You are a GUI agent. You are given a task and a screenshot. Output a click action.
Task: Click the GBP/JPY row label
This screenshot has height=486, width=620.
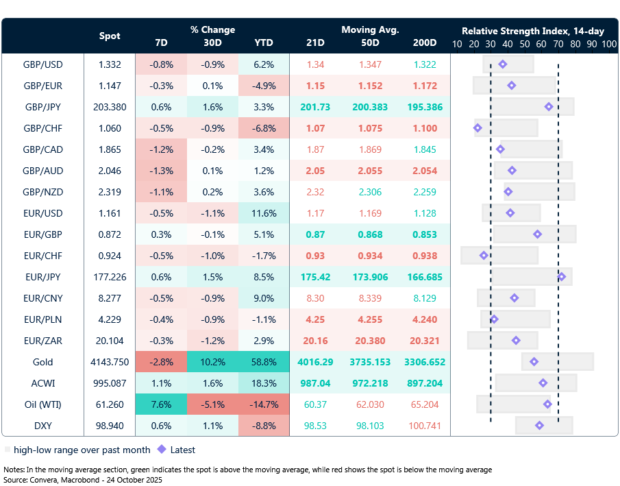[43, 107]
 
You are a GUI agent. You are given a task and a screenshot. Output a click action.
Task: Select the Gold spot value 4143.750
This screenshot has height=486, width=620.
[110, 362]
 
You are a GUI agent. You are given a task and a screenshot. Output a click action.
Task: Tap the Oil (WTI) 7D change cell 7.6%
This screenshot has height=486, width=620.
[161, 404]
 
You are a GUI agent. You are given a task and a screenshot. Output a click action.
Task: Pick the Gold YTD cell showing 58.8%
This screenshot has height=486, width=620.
[264, 362]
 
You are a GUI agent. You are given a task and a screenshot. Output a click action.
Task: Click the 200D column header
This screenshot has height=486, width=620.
[425, 42]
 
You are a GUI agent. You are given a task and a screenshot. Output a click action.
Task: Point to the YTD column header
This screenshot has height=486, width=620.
[264, 42]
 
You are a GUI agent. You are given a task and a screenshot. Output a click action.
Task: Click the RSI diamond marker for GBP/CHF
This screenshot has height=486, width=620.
[478, 128]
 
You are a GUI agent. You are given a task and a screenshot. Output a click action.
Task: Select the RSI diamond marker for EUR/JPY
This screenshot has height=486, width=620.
[562, 277]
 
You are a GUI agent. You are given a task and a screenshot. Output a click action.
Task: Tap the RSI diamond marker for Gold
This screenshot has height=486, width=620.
[534, 362]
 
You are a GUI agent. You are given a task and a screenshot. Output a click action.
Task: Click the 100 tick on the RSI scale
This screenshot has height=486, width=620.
[609, 43]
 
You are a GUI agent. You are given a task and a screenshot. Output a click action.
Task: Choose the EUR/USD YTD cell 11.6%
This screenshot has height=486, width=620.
[264, 213]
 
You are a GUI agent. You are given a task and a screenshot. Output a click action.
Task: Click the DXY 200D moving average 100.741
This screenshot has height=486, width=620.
[425, 426]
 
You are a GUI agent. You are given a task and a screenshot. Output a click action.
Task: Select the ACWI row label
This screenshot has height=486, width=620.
[43, 383]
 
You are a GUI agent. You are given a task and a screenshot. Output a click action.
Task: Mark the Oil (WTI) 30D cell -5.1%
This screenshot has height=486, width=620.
[212, 404]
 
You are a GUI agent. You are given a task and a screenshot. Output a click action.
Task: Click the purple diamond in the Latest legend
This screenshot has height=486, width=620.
[162, 450]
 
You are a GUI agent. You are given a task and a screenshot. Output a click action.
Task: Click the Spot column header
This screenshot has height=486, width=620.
[110, 36]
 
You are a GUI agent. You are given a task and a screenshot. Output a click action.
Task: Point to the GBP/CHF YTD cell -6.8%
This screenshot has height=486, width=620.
[264, 128]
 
